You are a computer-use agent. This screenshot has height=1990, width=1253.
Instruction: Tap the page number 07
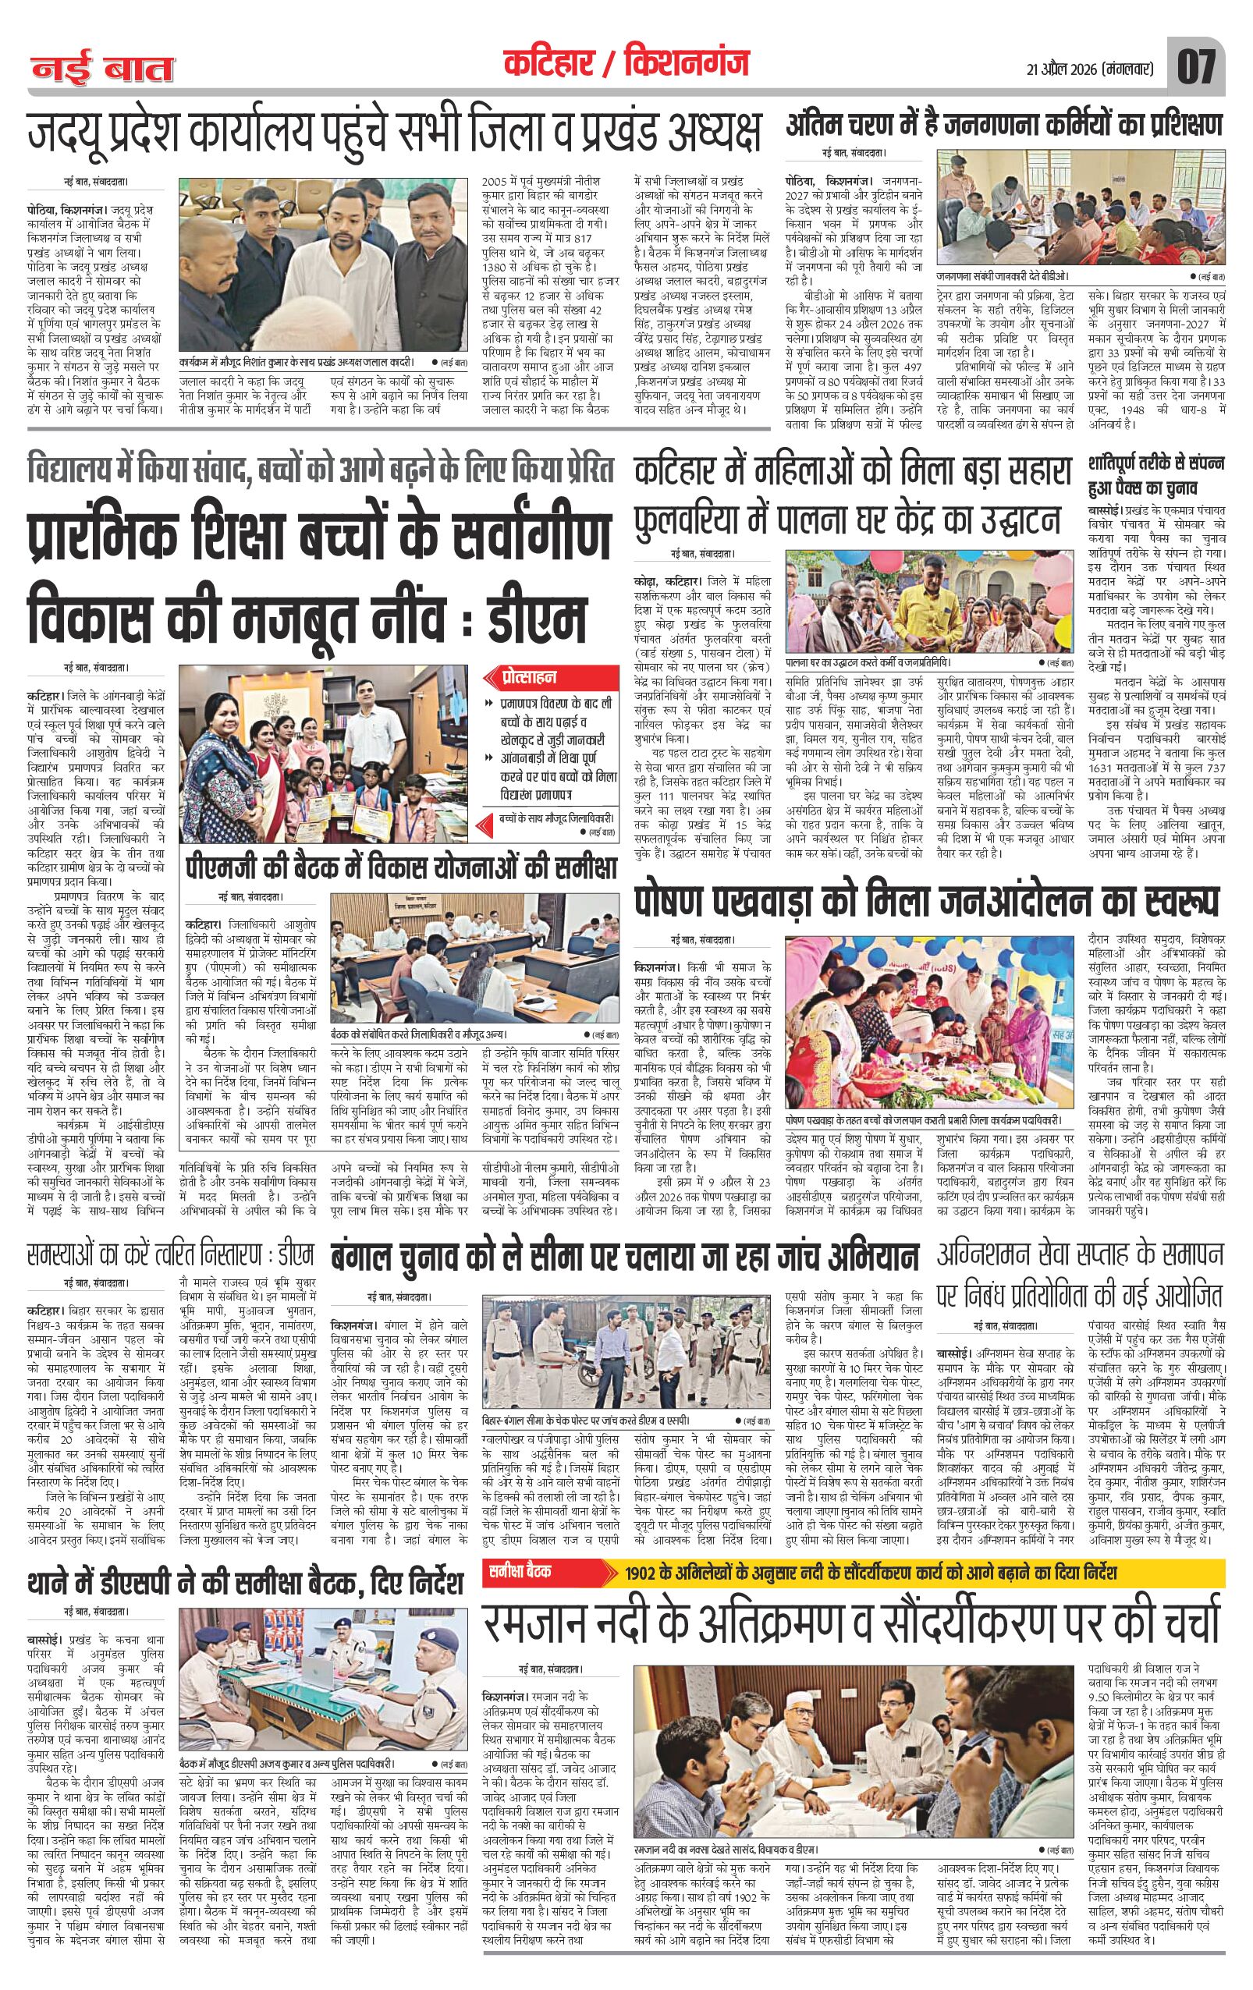point(1196,66)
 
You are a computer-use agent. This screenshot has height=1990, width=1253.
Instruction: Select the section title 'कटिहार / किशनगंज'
point(626,64)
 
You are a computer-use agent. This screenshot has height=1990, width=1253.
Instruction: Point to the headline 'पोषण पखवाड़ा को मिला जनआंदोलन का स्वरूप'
point(925,902)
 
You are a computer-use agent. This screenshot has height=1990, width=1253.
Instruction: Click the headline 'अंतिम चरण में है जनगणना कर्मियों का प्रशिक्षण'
point(1003,125)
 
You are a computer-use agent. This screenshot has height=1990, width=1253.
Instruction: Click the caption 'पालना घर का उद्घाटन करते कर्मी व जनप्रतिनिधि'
point(868,663)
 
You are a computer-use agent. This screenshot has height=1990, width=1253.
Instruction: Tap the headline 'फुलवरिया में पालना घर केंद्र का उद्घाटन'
point(847,520)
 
